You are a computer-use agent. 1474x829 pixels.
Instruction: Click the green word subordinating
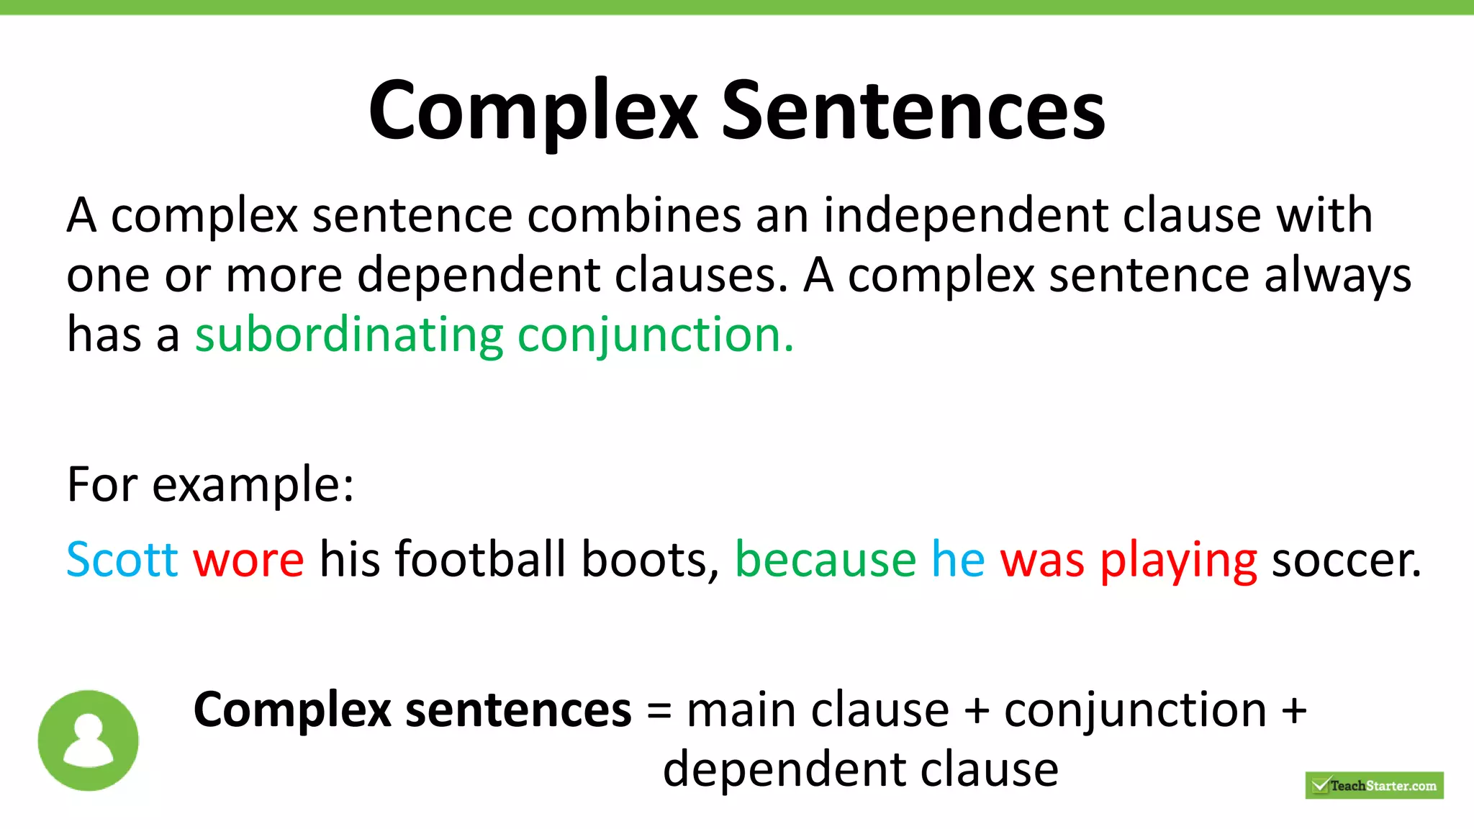click(x=349, y=335)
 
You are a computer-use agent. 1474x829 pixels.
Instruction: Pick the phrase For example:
click(x=210, y=484)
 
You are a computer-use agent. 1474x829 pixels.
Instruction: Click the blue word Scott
click(x=122, y=559)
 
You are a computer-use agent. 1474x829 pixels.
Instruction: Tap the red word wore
click(x=248, y=559)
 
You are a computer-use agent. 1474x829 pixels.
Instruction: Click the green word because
click(x=825, y=559)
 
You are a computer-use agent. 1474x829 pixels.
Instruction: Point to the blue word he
click(x=957, y=559)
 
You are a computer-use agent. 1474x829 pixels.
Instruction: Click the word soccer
click(x=1346, y=559)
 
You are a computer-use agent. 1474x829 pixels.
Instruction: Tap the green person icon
click(x=88, y=740)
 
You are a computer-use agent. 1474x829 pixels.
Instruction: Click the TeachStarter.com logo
click(x=1374, y=785)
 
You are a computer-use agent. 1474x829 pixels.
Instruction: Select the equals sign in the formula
click(x=659, y=711)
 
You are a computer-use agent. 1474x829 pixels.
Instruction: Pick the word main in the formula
click(x=741, y=711)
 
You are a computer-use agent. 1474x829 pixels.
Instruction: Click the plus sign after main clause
click(x=977, y=711)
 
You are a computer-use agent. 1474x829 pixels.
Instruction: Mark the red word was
click(x=1041, y=559)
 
